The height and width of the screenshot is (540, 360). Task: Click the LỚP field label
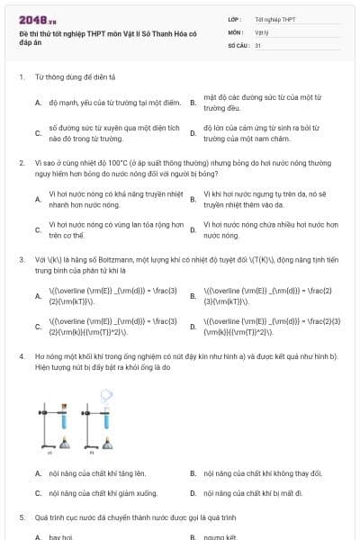[x=235, y=18]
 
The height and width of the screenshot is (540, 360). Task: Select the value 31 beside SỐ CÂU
[x=258, y=44]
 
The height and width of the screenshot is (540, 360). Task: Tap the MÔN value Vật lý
[x=262, y=31]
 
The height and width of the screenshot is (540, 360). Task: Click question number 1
[x=22, y=77]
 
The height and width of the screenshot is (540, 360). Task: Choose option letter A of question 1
[x=38, y=103]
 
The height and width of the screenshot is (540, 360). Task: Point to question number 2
[x=22, y=163]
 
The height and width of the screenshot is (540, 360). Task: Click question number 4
[x=22, y=355]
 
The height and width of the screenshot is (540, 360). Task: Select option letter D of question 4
[x=193, y=493]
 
